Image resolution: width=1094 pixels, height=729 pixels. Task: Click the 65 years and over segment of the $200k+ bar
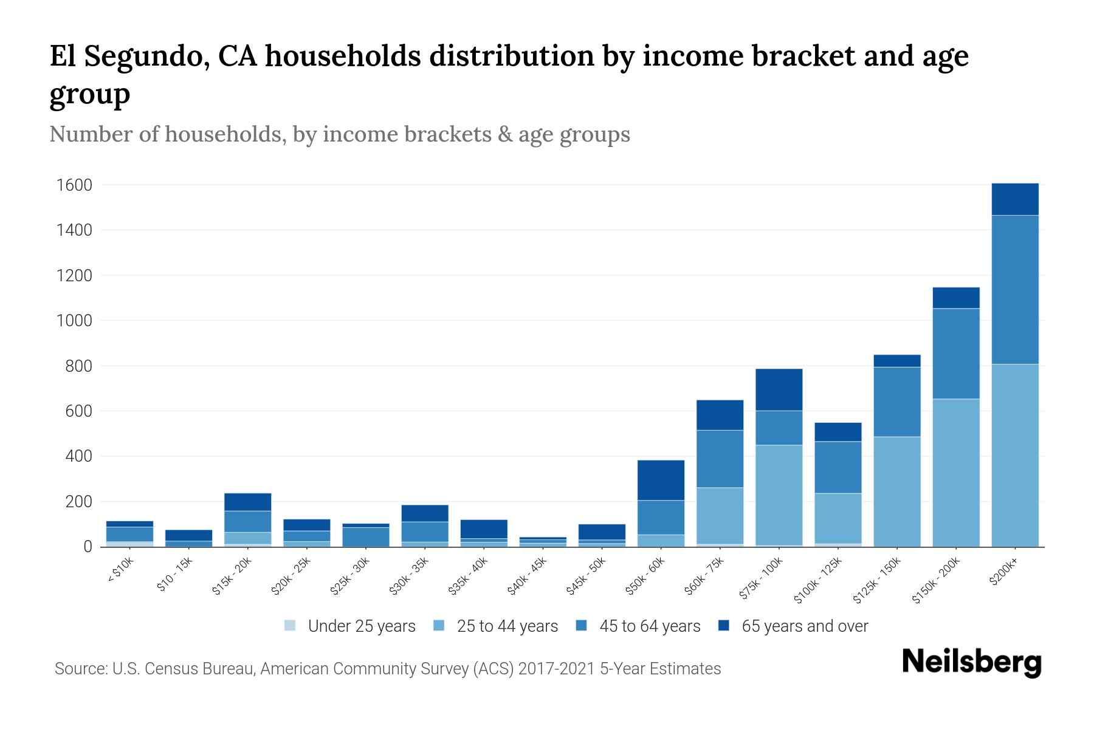pos(1014,199)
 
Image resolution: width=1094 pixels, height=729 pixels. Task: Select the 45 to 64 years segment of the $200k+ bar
pos(1014,289)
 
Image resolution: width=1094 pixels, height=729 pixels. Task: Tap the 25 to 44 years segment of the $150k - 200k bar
pos(955,472)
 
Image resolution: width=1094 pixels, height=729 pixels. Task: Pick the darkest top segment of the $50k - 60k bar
pos(661,480)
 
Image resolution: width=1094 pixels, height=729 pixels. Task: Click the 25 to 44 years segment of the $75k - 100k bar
pos(779,495)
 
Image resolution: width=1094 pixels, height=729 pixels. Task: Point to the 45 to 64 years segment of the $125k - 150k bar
pos(896,402)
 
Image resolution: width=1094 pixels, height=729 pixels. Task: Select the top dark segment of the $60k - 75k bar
pos(720,415)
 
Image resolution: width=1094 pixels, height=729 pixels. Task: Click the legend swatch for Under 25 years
pos(291,626)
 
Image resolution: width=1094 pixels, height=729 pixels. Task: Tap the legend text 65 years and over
pos(805,626)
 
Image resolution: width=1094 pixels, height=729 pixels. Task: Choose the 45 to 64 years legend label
pos(650,626)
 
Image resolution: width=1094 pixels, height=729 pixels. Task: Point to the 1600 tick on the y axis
pos(74,185)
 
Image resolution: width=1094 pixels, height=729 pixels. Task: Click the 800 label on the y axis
pos(79,366)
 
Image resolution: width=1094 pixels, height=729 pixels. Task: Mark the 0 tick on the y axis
pos(88,547)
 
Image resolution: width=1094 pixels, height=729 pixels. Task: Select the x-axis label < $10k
pos(120,570)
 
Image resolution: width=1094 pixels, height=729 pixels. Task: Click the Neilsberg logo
pos(971,662)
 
